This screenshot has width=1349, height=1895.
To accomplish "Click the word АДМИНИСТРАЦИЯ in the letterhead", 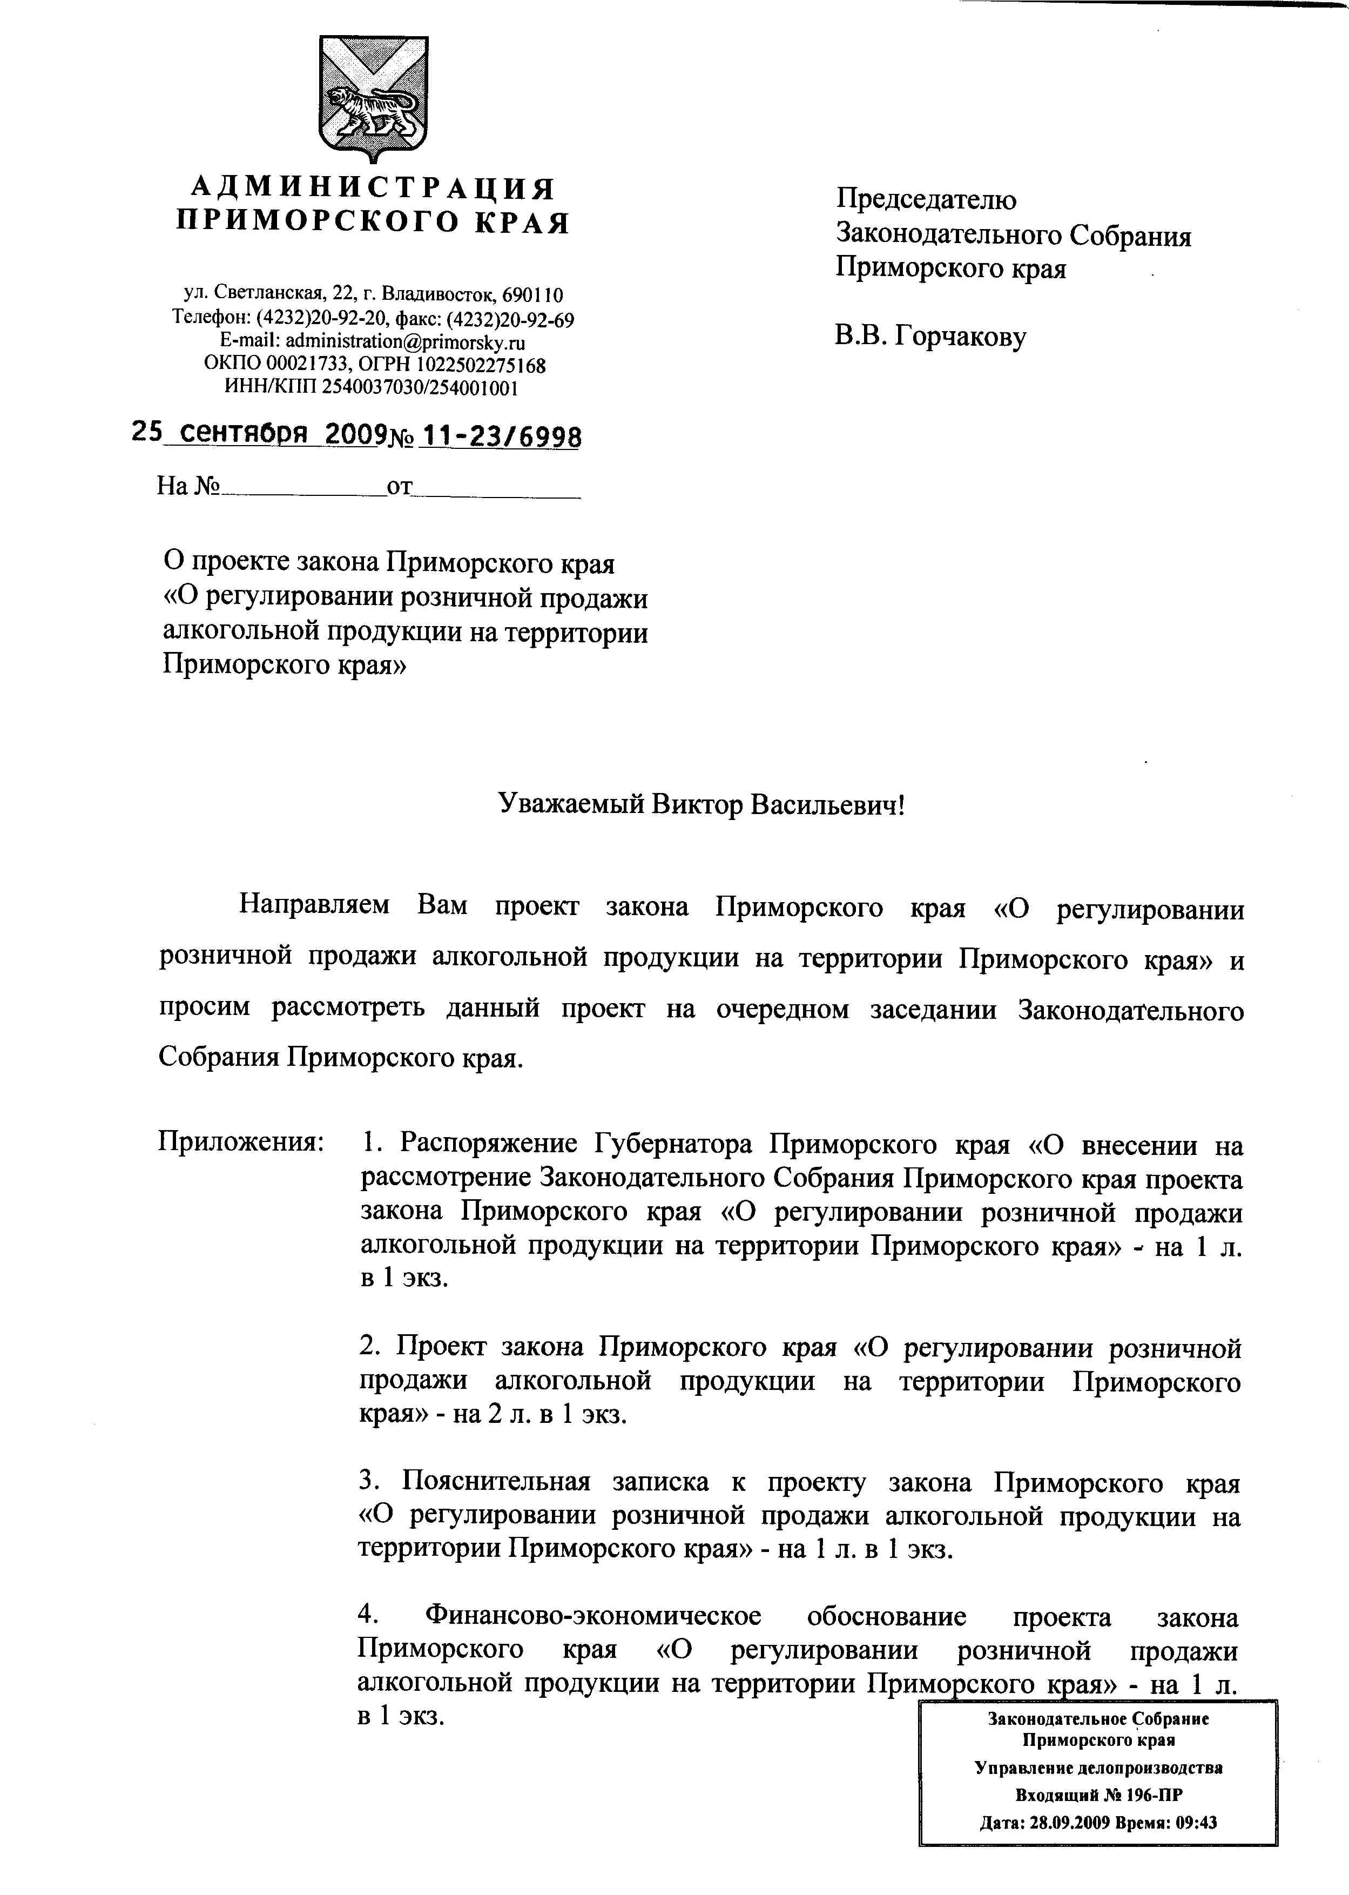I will coord(373,189).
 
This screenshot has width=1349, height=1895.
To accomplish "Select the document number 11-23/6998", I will coord(502,436).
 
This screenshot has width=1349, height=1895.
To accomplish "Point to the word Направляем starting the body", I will coord(314,905).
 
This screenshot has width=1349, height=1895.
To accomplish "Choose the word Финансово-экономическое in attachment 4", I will coord(592,1617).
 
